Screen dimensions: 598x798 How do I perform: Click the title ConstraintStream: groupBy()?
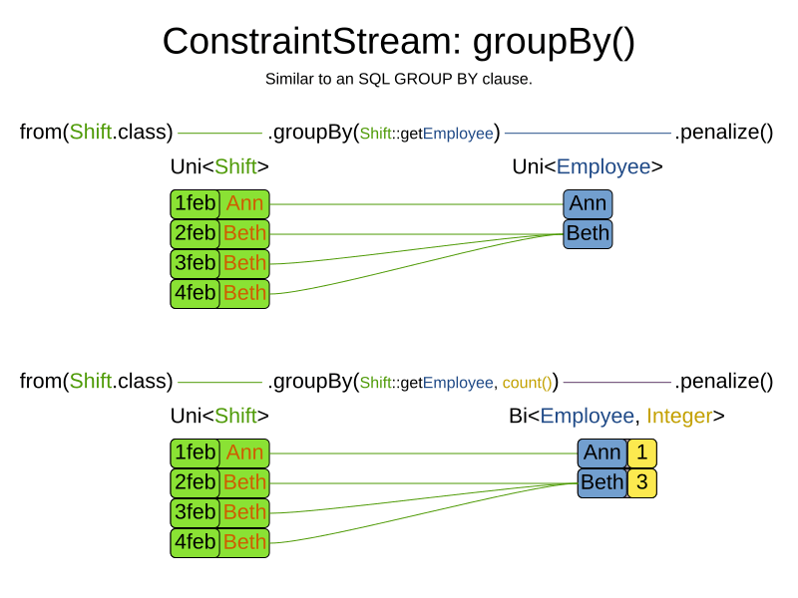coord(398,42)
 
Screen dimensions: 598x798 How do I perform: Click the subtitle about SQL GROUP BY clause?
coord(398,79)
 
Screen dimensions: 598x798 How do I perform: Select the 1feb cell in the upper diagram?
coord(195,204)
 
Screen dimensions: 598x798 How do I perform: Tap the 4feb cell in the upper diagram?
coord(195,293)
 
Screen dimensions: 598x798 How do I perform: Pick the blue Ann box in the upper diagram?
coord(588,204)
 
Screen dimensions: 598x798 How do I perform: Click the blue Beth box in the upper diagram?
coord(588,234)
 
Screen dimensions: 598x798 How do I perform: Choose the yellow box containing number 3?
coord(642,482)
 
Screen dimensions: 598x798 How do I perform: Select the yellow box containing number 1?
coord(642,452)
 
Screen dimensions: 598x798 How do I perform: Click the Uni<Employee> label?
coord(588,166)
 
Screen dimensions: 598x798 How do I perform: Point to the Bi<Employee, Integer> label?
coord(616,416)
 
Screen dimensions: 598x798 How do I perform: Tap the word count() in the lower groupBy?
coord(527,382)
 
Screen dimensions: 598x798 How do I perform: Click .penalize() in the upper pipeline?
coord(724,132)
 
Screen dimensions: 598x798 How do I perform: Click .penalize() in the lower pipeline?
coord(724,381)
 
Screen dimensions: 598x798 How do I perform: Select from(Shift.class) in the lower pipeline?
coord(96,381)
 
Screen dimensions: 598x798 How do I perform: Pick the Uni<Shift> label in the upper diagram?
coord(219,166)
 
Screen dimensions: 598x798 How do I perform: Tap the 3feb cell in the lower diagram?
coord(195,512)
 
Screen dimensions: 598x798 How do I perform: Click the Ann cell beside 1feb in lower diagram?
coord(244,452)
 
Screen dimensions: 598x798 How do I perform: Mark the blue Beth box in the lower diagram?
coord(602,482)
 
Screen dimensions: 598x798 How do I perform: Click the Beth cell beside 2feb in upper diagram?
coord(244,234)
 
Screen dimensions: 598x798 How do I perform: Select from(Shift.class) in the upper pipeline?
coord(96,132)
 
